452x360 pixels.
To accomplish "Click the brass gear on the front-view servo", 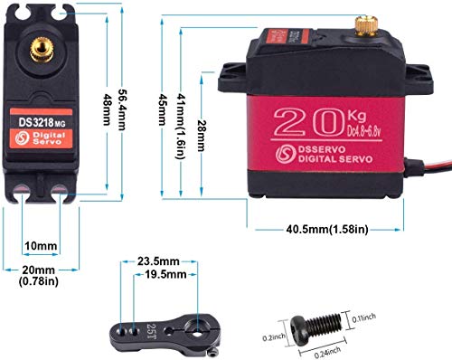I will tap(42, 43).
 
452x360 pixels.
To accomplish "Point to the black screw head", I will tap(302, 322).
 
